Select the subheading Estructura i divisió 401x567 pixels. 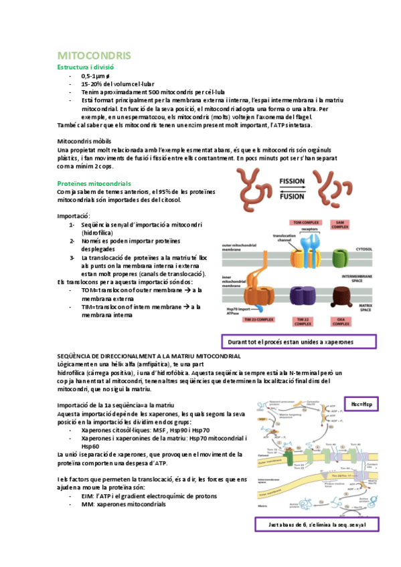pos(86,68)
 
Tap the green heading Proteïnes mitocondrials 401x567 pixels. pos(94,183)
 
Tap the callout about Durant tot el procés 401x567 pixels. pos(299,341)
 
